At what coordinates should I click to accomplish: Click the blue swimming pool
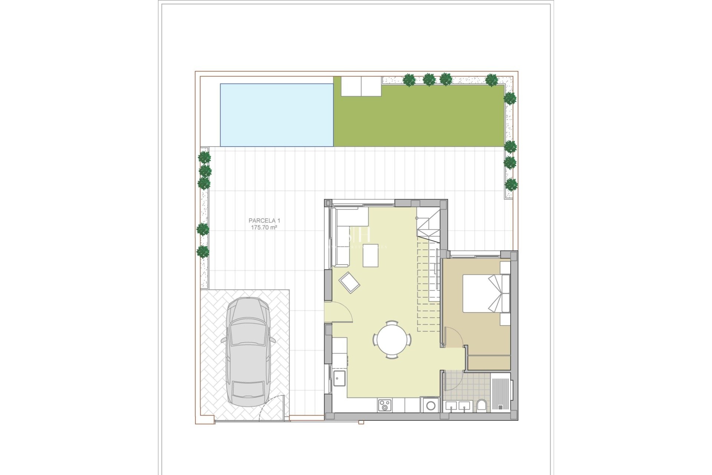(277, 115)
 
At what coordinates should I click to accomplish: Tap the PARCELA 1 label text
(264, 221)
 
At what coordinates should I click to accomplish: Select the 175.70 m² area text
(264, 227)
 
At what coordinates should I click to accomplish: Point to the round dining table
(392, 340)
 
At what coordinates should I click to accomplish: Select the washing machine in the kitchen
(430, 405)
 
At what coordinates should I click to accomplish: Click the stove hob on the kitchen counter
(384, 405)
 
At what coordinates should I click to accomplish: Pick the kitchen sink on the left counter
(339, 378)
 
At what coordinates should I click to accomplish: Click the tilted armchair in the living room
(349, 283)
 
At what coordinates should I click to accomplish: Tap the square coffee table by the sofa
(370, 255)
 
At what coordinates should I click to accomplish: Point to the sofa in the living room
(343, 237)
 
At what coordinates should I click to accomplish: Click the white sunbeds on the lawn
(361, 86)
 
